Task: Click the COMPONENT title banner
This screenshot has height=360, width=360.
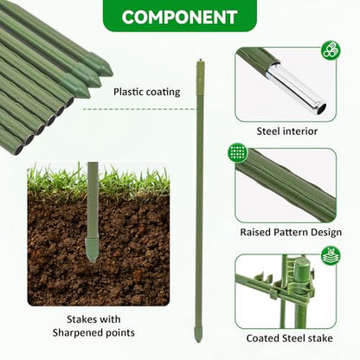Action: pos(180,15)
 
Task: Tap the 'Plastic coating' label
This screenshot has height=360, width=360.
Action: pos(146,92)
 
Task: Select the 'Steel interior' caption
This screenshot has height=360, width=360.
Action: pos(287,132)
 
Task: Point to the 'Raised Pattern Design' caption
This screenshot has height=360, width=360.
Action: pos(291,232)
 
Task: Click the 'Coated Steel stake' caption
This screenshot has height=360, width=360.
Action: pos(289,338)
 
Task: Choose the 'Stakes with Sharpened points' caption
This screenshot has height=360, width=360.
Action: pos(93,326)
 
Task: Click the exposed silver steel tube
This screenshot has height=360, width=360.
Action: pos(296,88)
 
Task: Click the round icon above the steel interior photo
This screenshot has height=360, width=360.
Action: pos(331,49)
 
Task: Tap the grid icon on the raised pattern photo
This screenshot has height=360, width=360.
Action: pos(238,152)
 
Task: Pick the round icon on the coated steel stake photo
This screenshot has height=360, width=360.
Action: pos(331,255)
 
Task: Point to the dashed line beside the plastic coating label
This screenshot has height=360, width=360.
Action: pos(140,109)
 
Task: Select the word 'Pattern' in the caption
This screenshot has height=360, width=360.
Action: pos(291,232)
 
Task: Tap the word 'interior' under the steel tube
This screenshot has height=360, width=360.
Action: pos(300,132)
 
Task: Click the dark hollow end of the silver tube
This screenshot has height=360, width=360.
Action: pos(322,108)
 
